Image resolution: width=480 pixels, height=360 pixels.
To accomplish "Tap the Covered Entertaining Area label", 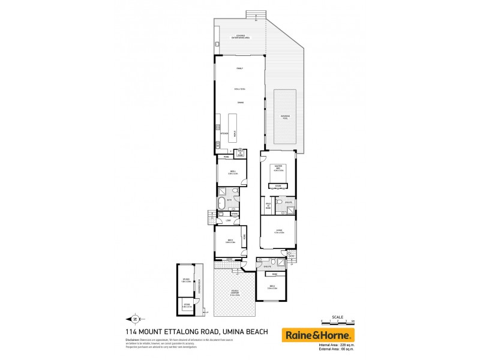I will pos(239,37).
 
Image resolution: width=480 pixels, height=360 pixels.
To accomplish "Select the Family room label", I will pos(239,69).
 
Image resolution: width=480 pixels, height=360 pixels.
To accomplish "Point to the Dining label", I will pos(239,103).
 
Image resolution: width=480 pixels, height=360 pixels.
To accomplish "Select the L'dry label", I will pos(229,221).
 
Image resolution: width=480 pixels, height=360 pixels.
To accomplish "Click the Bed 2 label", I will pos(272,287).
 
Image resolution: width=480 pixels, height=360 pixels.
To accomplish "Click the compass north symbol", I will pos(135,319).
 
